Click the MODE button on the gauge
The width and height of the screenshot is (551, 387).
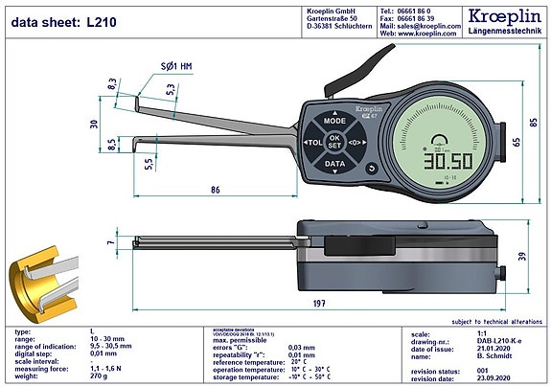pos(334,123)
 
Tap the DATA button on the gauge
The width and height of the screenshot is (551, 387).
pos(334,164)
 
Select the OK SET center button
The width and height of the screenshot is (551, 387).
pos(334,143)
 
